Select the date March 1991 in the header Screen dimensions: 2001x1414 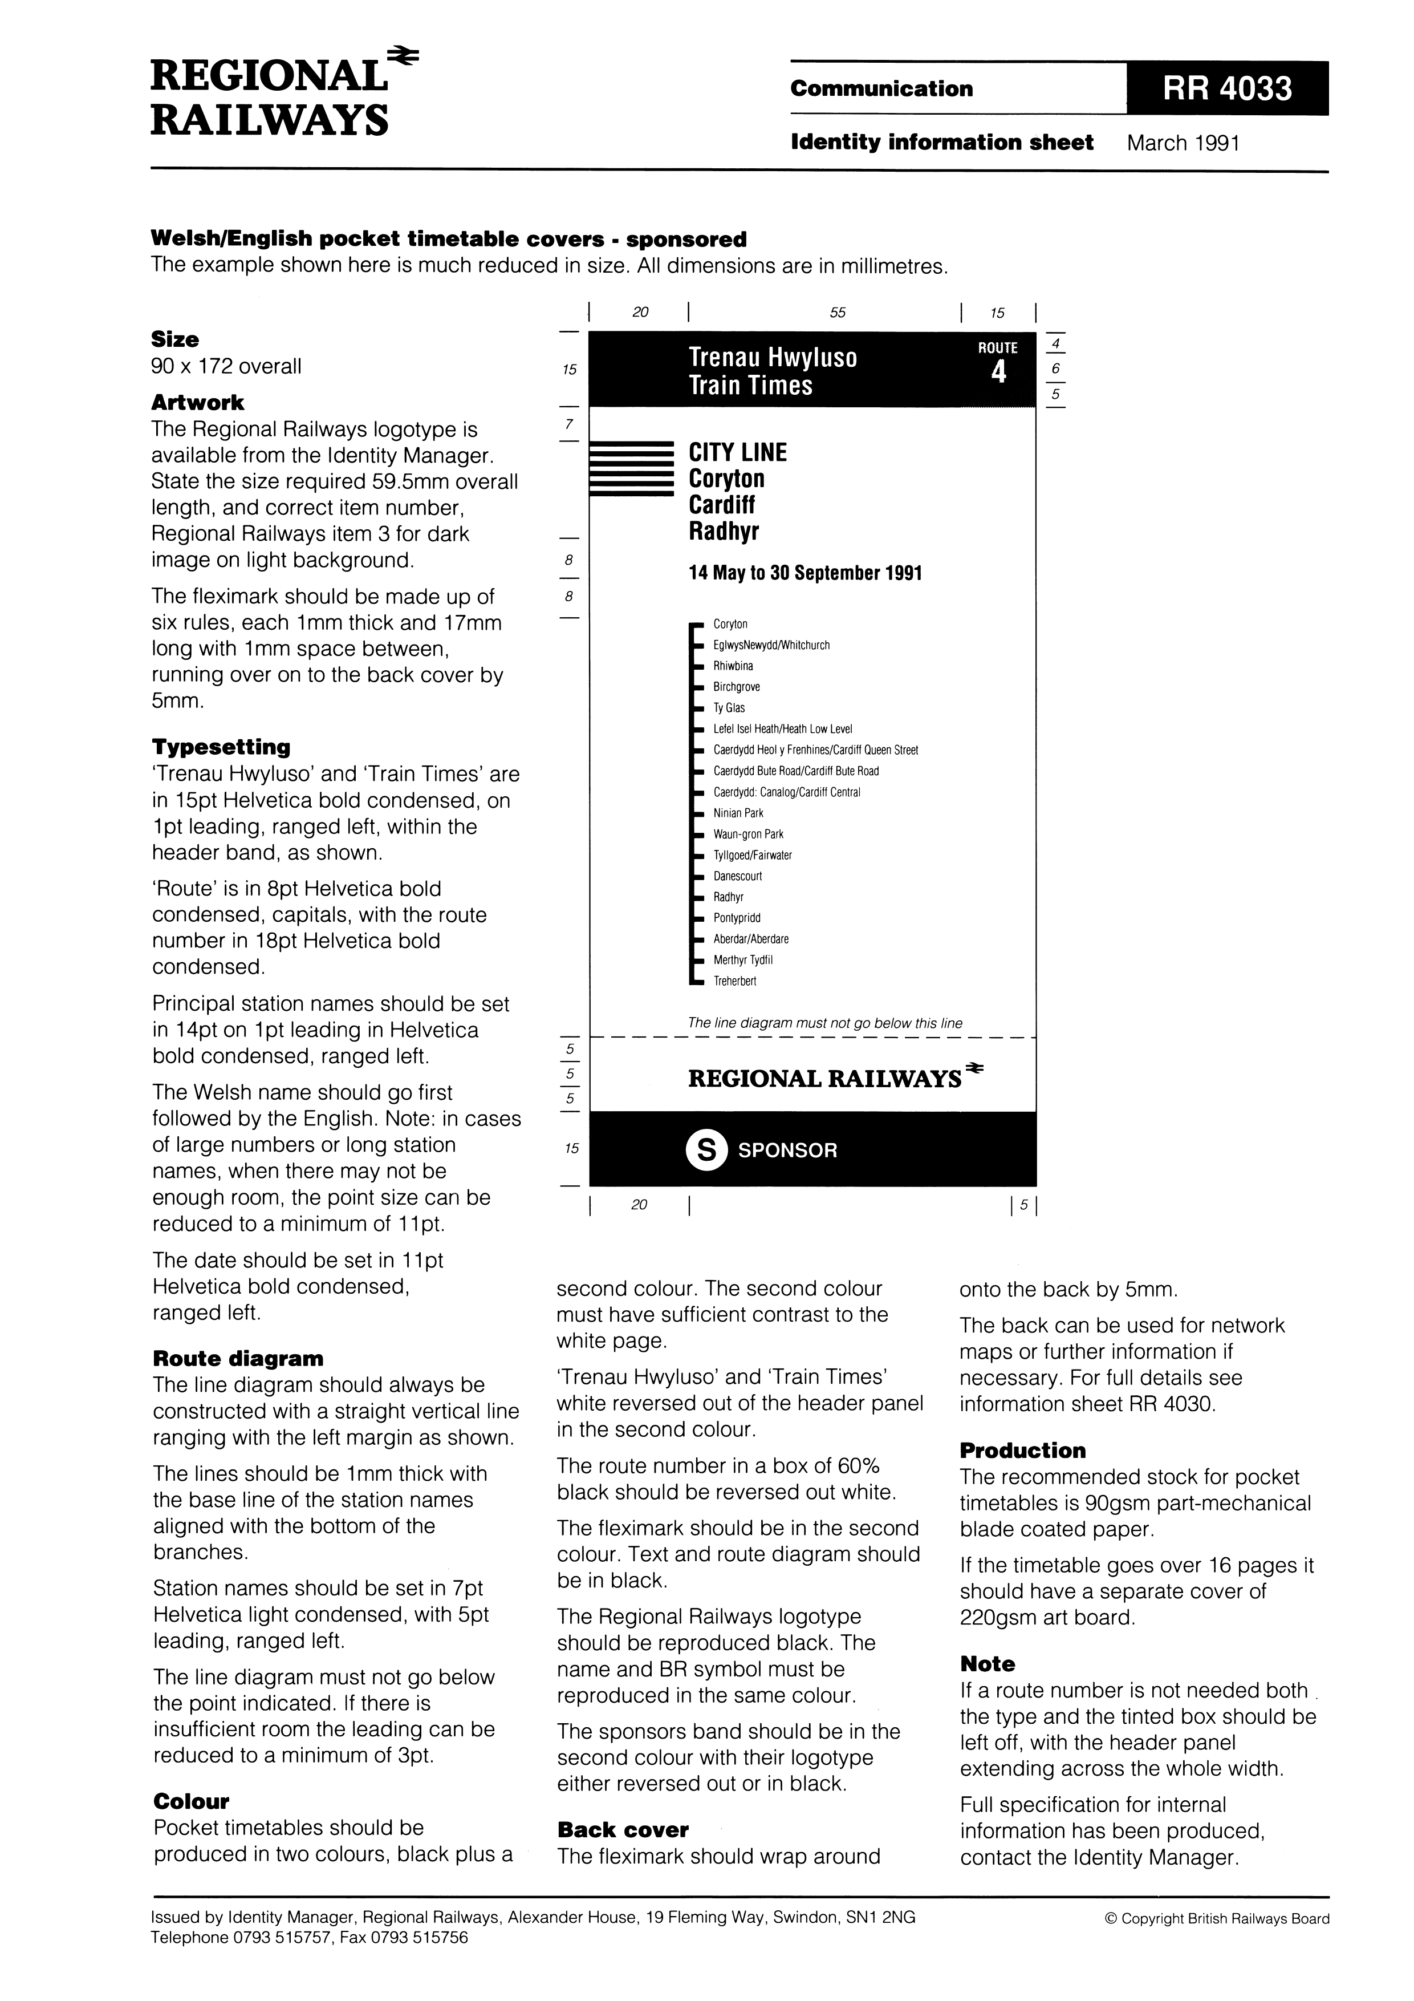(x=1183, y=143)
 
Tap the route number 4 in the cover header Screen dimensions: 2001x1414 (x=998, y=373)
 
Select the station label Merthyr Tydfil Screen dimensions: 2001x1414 (x=742, y=961)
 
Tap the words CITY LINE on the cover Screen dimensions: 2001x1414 (x=737, y=452)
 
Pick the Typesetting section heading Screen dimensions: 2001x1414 (x=221, y=747)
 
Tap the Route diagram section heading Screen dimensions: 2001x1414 (x=238, y=1359)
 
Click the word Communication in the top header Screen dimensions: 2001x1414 (x=881, y=89)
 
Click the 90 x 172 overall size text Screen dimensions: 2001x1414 (x=226, y=366)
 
